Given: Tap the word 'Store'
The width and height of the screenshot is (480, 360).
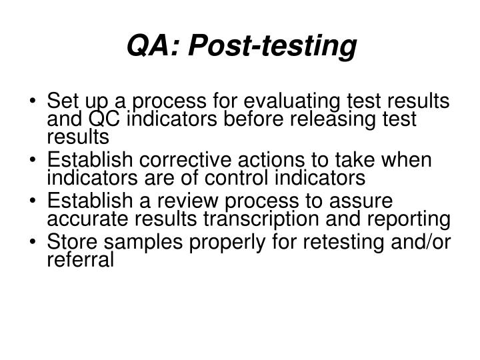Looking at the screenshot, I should [70, 243].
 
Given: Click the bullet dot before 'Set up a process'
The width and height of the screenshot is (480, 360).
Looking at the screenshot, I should [33, 103].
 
